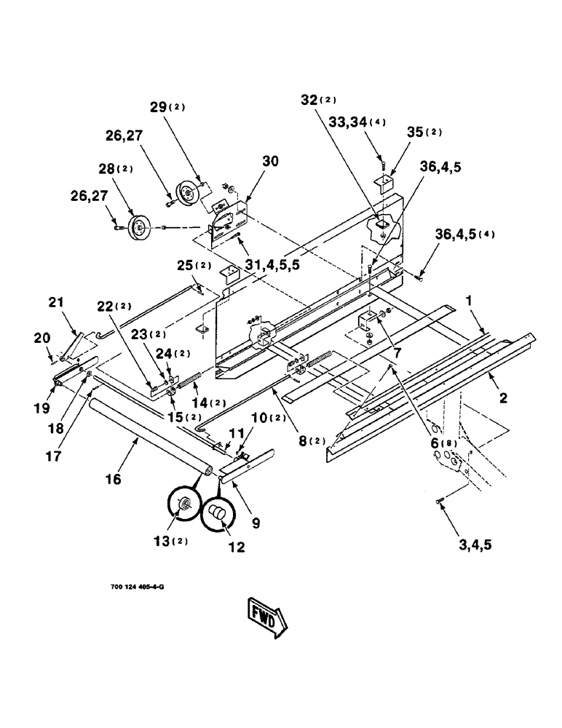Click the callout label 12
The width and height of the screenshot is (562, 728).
coord(237,545)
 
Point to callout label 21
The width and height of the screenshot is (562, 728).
coord(58,301)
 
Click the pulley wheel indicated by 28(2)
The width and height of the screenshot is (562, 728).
coord(137,226)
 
